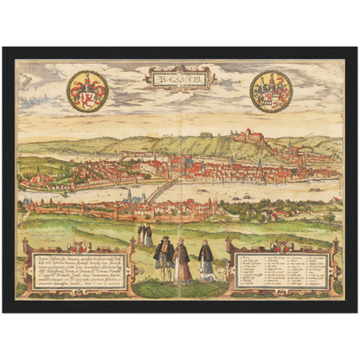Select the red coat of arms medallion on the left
coord(87,91)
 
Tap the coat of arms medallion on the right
coord(271,91)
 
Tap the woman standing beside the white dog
coord(206,260)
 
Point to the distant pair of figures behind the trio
coord(145,234)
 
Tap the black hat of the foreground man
coord(164,240)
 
